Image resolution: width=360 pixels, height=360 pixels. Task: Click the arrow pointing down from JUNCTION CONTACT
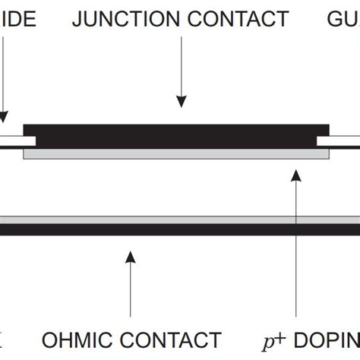pos(181,76)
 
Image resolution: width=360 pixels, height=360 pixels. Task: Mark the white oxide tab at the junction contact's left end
pos(17,141)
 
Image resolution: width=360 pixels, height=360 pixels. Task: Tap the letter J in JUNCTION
pos(77,19)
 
